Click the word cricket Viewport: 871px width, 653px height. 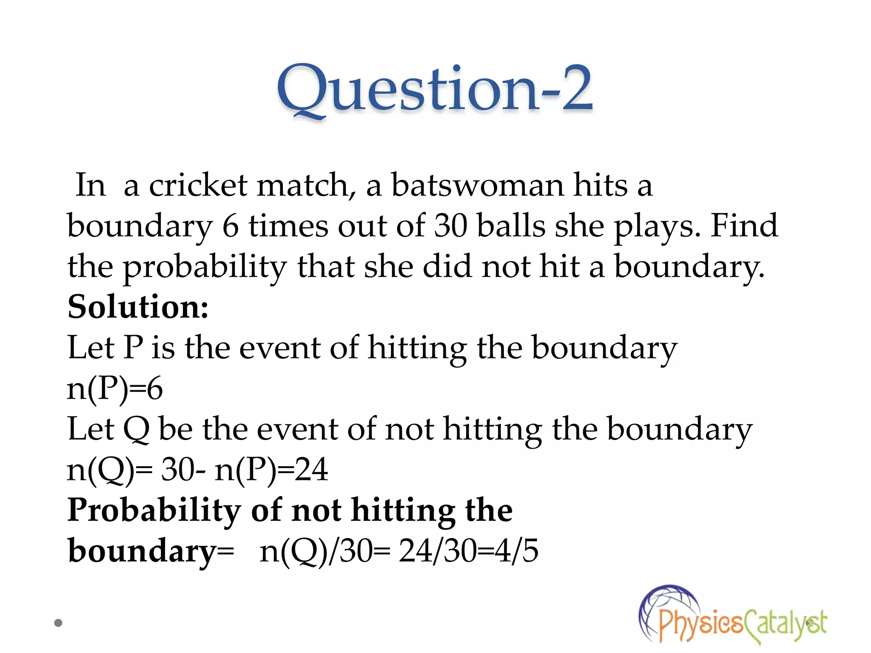click(x=198, y=185)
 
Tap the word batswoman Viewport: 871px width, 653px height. click(x=477, y=185)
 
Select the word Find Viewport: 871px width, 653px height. click(x=744, y=225)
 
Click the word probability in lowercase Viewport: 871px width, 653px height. click(x=204, y=267)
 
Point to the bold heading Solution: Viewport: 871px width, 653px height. click(x=138, y=307)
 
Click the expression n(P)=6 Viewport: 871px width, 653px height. click(x=115, y=389)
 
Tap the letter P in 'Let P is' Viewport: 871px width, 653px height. click(x=133, y=348)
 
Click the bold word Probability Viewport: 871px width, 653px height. click(x=154, y=511)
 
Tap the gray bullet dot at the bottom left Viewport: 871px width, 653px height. click(x=58, y=623)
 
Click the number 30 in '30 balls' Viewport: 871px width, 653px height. click(x=450, y=225)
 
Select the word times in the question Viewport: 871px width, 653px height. click(x=288, y=225)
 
